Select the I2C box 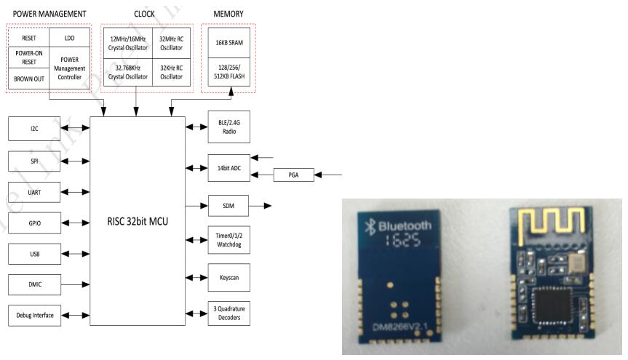34,128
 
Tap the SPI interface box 34,160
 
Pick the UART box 34,191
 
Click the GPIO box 34,223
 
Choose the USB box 34,254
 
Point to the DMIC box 34,284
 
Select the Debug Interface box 34,315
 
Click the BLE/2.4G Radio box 228,127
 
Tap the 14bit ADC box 228,167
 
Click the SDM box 228,206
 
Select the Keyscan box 228,278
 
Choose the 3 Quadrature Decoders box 228,313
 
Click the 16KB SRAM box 228,43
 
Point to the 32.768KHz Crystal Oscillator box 127,72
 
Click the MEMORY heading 228,14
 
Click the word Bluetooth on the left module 402,225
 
